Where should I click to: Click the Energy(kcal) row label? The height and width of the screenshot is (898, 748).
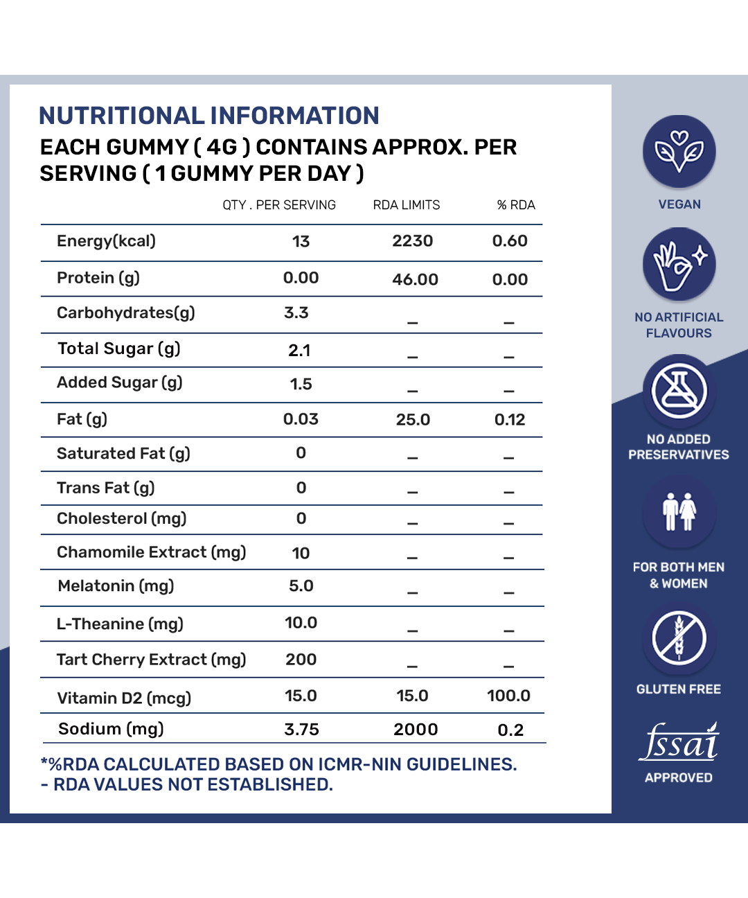106,241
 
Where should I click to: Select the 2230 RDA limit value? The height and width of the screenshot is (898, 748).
412,241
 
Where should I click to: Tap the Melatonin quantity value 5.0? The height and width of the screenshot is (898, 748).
301,586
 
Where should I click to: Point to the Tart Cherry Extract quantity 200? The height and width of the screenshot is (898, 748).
301,660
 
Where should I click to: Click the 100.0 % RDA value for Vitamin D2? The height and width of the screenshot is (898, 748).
508,696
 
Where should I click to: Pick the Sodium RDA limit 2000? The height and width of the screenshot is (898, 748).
416,730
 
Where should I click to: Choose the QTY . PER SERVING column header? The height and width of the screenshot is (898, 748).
279,205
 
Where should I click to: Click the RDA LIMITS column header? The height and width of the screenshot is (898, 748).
407,205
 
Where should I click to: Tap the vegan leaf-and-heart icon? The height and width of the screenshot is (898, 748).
679,151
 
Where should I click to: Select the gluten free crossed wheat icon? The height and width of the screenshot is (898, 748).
679,638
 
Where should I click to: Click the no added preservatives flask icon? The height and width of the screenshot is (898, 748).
679,391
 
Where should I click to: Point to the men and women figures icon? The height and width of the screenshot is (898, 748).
679,512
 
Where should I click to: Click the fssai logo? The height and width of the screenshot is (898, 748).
679,743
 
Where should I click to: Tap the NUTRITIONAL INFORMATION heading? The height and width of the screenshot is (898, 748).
208,116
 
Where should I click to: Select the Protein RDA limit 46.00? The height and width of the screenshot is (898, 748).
415,279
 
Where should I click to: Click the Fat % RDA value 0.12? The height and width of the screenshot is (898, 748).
510,420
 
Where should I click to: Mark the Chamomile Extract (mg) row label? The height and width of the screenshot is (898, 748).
151,552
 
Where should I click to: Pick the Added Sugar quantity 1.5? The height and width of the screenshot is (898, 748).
301,384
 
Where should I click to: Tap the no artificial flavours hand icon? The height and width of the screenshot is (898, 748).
679,265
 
